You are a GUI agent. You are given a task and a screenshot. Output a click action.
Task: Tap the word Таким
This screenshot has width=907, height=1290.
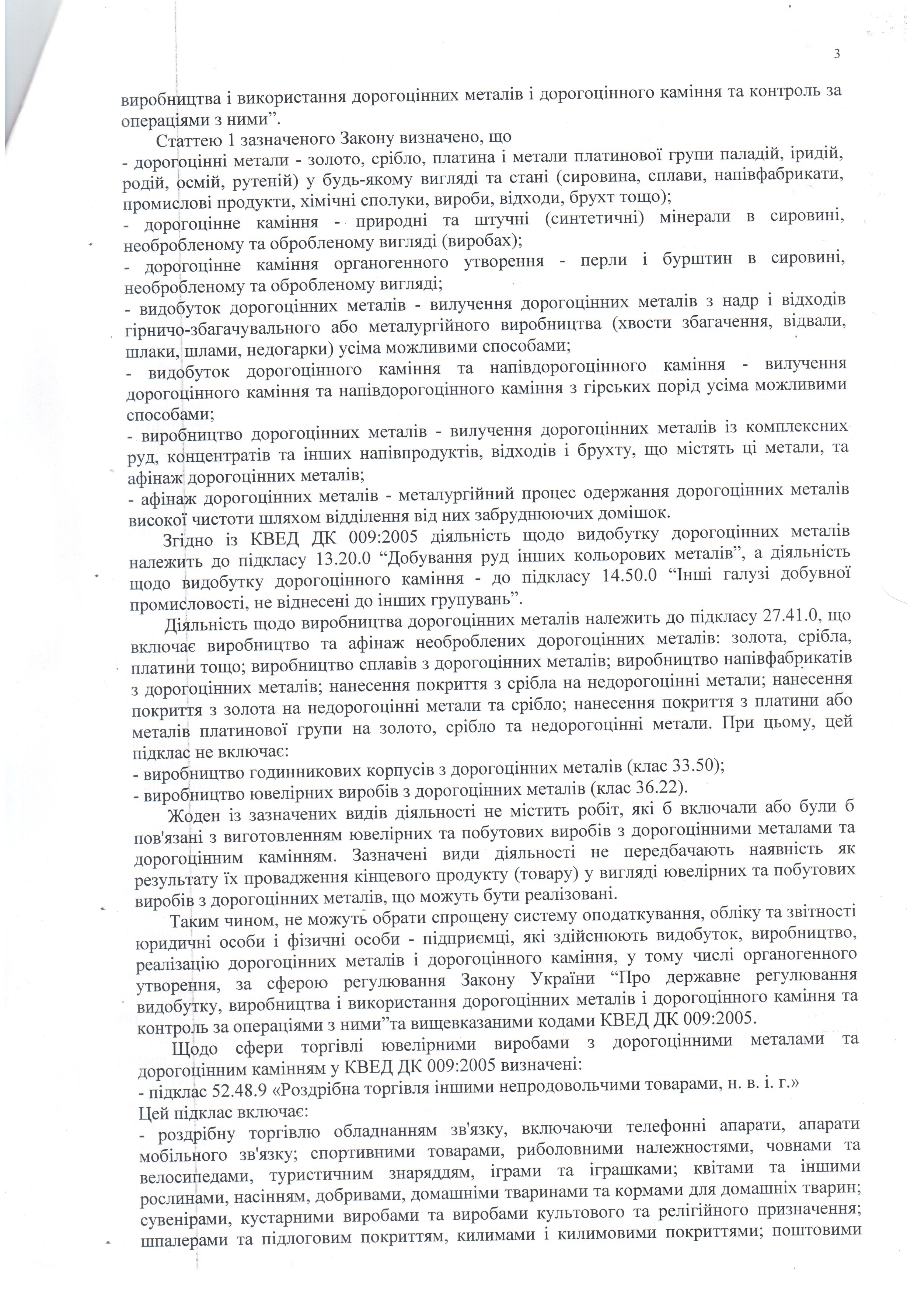196,922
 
